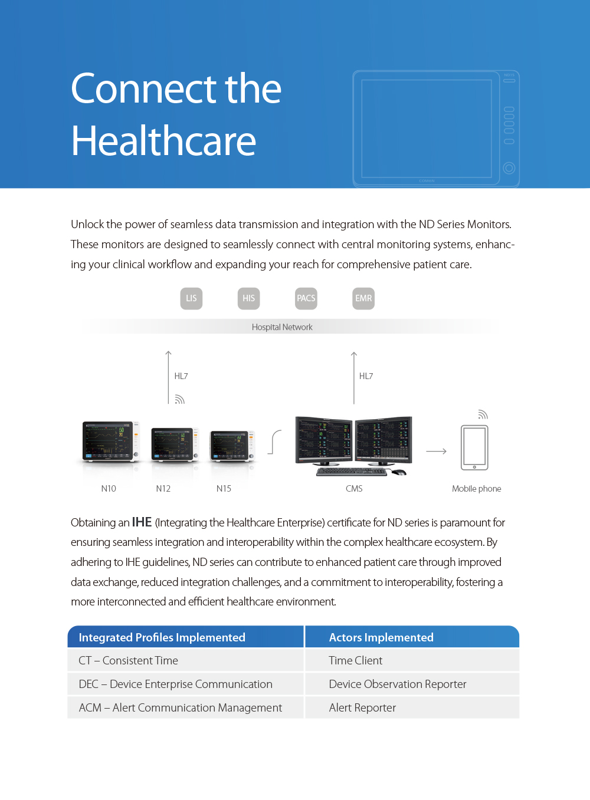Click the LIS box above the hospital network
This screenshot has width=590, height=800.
[x=191, y=298]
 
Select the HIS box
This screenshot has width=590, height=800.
[x=248, y=298]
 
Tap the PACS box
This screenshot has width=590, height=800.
[x=306, y=298]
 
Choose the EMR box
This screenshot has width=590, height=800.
[x=363, y=298]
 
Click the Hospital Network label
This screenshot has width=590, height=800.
[x=282, y=327]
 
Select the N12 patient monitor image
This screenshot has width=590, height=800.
[x=174, y=443]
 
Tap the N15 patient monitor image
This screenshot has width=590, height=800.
[x=232, y=445]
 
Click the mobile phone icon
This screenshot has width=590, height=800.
[x=474, y=447]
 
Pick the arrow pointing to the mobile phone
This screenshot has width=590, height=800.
[x=436, y=452]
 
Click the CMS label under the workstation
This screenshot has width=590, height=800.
[x=354, y=489]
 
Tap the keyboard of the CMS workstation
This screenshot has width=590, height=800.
[x=352, y=472]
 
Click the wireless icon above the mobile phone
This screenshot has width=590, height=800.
[x=483, y=414]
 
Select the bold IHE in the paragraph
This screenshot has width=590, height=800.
[x=142, y=522]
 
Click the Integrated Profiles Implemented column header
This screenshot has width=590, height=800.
[x=162, y=637]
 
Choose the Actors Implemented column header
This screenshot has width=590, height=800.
[x=381, y=637]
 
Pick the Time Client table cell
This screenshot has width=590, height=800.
[x=356, y=661]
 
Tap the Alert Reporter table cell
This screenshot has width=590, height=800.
[x=362, y=708]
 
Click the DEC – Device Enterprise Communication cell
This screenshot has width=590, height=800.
[x=176, y=684]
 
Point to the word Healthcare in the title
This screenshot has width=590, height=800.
[x=164, y=141]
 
